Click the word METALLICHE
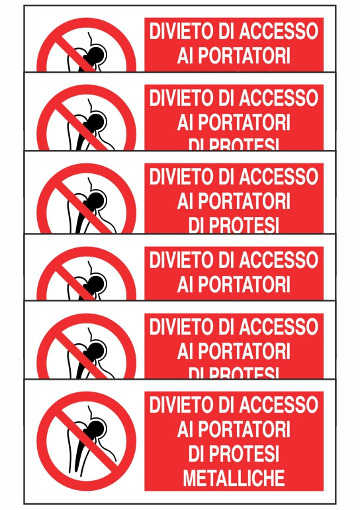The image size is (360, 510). pos(234,477)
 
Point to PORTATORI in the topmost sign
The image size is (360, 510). pos(244,56)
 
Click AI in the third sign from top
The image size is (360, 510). pos(185,201)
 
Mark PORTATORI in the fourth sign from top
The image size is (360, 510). pos(244,284)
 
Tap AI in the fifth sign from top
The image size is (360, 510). pos(185,351)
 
